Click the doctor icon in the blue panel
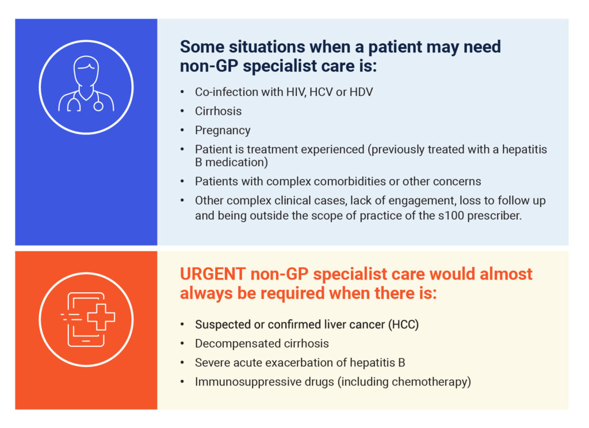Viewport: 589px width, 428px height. (x=86, y=84)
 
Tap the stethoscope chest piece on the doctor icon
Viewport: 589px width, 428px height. (x=98, y=106)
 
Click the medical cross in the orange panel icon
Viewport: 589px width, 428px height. (x=101, y=317)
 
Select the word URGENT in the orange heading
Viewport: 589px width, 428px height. (x=213, y=274)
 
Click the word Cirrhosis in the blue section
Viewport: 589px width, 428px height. (x=218, y=111)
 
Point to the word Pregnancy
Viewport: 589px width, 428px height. (x=223, y=131)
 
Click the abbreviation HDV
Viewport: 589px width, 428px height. (x=361, y=92)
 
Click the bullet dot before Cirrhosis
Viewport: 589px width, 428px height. (x=182, y=111)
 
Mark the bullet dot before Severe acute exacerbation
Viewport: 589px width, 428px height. (x=182, y=362)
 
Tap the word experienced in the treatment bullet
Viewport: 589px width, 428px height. (x=332, y=150)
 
